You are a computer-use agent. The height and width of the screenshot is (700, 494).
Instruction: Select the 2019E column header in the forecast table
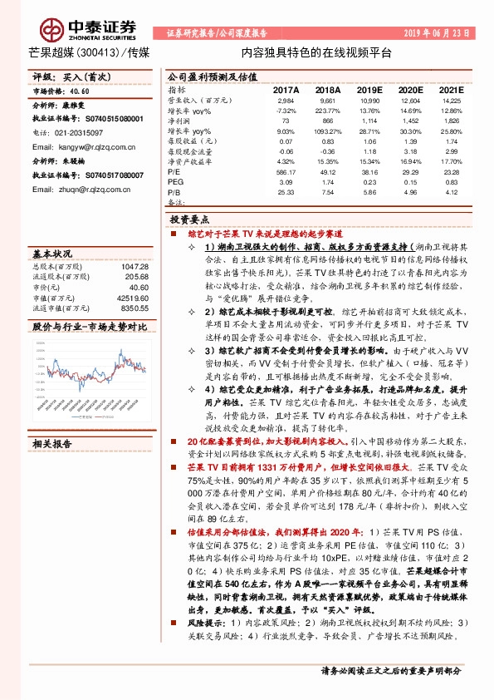(x=369, y=88)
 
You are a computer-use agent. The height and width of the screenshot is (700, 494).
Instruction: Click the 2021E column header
(x=451, y=88)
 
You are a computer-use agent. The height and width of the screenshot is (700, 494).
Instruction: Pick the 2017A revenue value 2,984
(x=286, y=100)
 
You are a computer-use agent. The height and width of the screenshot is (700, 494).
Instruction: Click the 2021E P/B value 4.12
(x=451, y=192)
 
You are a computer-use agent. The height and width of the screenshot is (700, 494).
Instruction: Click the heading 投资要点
(x=186, y=220)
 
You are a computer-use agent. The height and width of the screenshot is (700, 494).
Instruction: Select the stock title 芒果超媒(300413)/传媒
(x=84, y=52)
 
